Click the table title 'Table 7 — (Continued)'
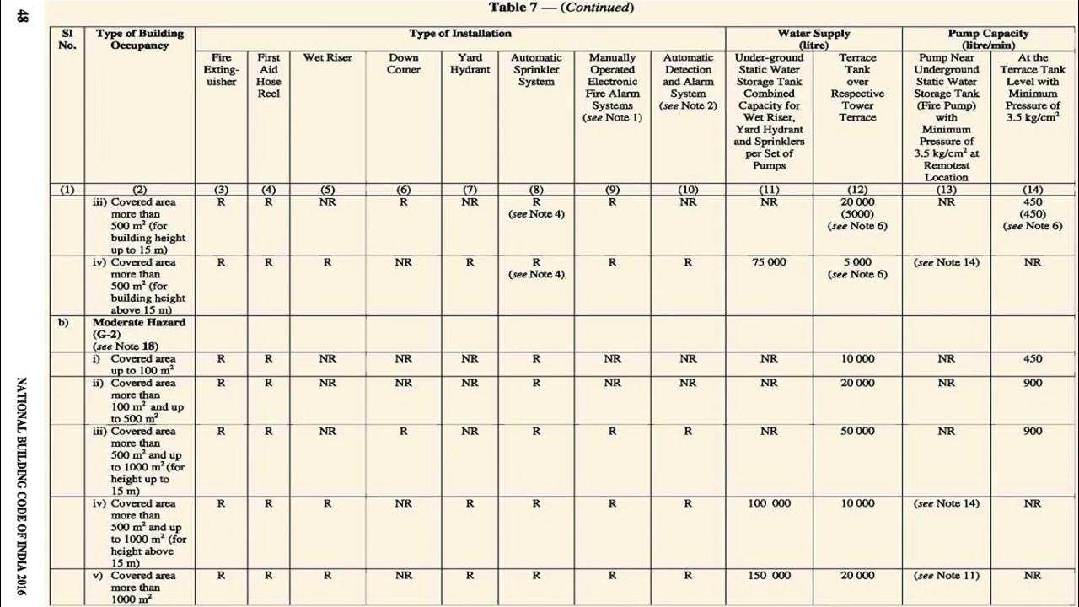coord(561,8)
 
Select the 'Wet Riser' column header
coord(328,58)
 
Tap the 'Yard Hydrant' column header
coord(470,64)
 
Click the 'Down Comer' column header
coord(403,64)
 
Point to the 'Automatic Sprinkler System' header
coord(536,70)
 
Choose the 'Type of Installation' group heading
coord(460,34)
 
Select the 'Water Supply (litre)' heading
coord(813,39)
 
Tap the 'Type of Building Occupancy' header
coord(139,39)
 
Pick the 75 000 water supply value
coord(769,263)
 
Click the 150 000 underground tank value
coord(769,576)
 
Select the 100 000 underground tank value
coord(769,503)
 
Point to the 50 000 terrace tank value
coord(857,431)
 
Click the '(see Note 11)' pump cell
coord(946,576)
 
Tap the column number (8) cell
coord(536,190)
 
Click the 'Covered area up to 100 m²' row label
coord(142,365)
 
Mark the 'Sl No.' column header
coord(67,39)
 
